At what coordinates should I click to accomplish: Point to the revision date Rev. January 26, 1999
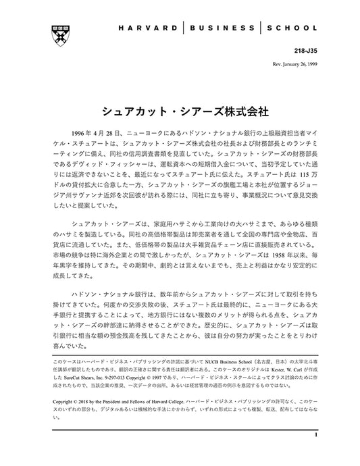pyautogui.click(x=291, y=65)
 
